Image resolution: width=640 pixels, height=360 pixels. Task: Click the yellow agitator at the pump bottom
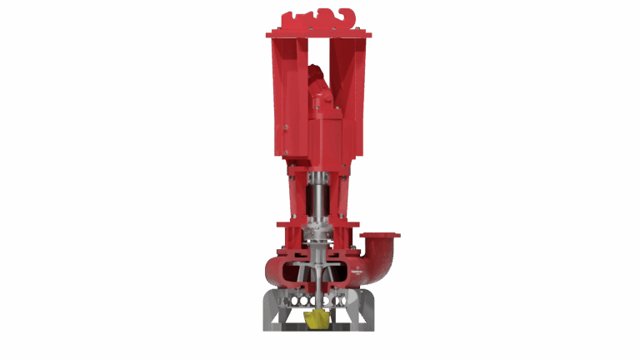(x=317, y=320)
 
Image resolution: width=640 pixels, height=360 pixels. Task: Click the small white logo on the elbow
(x=357, y=272)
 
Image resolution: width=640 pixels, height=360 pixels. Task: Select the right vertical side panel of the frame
(x=354, y=96)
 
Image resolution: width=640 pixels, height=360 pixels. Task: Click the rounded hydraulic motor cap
(x=316, y=75)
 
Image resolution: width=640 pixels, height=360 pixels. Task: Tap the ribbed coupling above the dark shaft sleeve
(x=317, y=178)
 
